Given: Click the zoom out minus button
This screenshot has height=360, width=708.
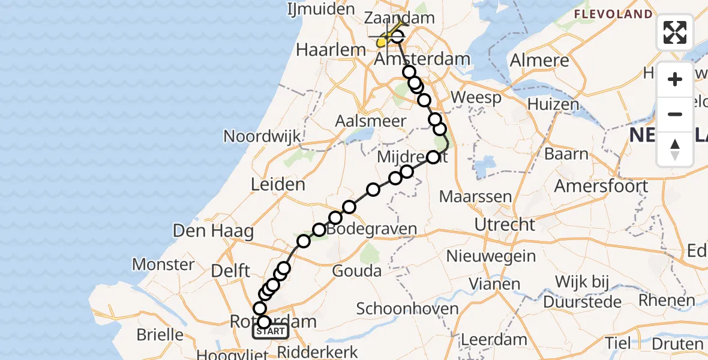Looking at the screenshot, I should point(675,115).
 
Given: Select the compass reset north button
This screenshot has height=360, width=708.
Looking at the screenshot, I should point(675,149).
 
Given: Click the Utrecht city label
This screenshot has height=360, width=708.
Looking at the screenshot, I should point(505,225).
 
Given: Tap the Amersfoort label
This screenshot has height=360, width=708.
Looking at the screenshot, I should point(601,186).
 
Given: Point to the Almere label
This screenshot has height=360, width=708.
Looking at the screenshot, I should point(539,61).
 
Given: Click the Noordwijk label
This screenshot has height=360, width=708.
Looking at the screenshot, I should point(262,136).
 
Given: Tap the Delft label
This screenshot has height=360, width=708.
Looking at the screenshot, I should point(231,271).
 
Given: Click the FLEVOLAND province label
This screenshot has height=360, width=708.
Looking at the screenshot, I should point(613,14).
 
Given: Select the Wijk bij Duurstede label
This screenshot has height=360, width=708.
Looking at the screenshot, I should point(581,290).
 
